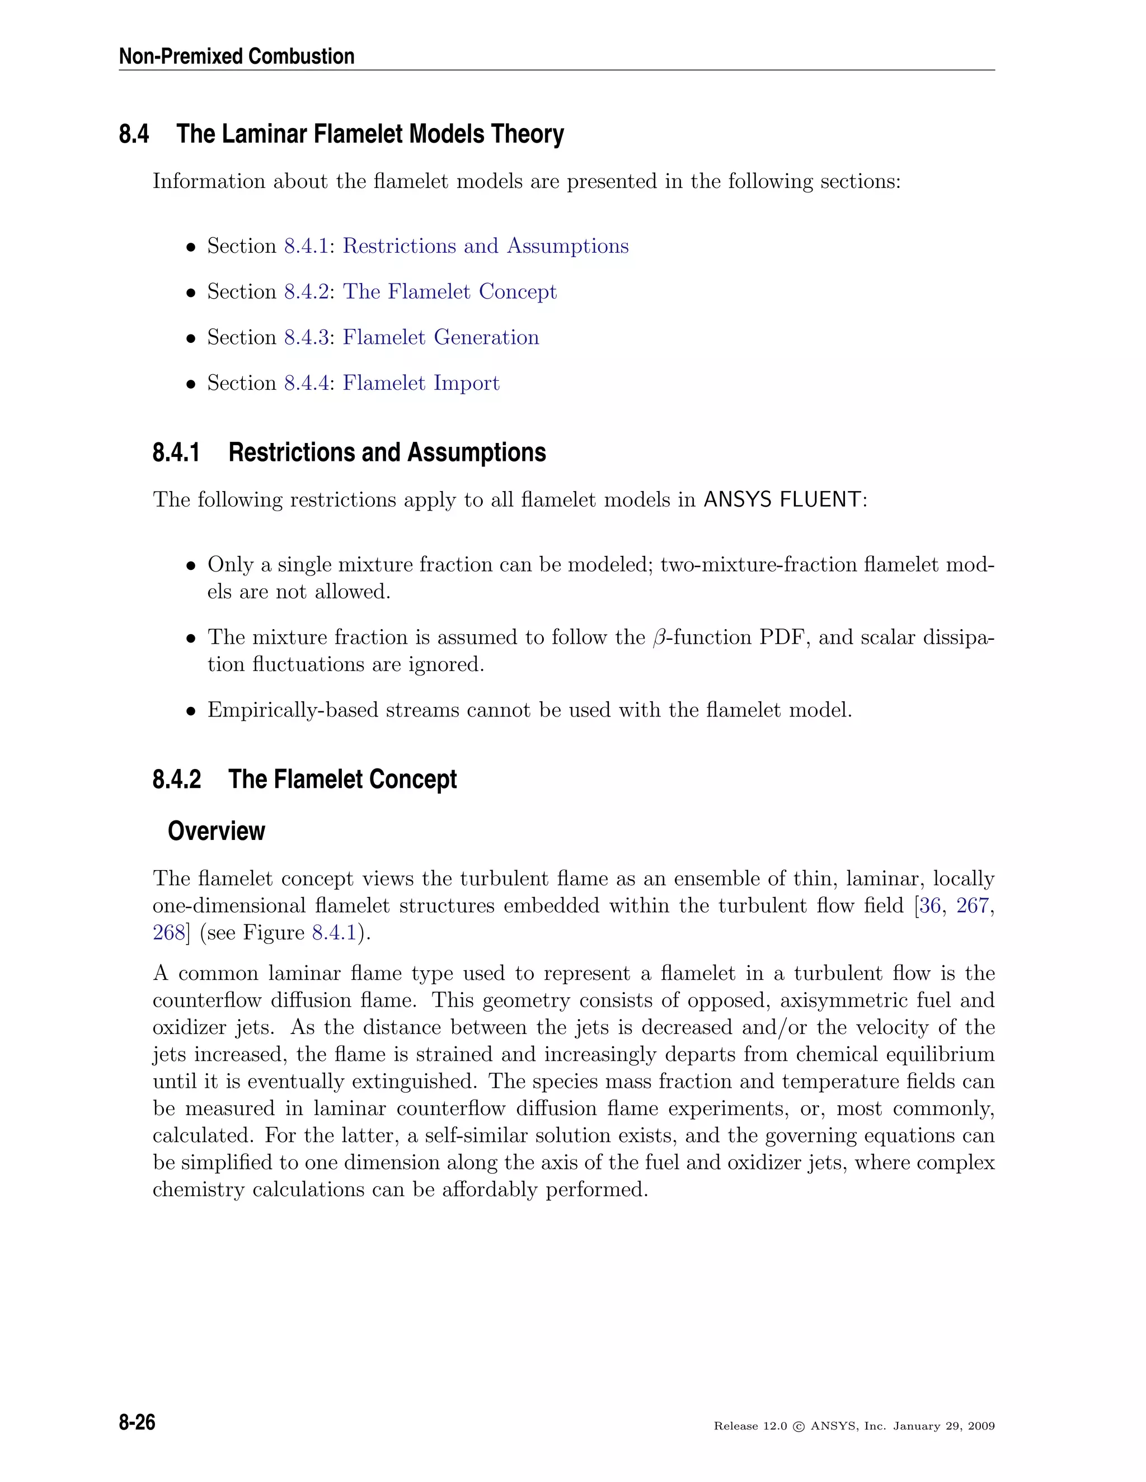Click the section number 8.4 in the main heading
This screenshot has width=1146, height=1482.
(x=134, y=134)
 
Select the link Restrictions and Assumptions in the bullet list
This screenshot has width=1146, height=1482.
(x=485, y=246)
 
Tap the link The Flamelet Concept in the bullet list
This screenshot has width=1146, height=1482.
(x=449, y=291)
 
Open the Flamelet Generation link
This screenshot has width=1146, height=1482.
(x=440, y=337)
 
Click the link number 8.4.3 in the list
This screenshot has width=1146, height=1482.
(x=306, y=337)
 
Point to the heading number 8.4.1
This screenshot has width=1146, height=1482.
(x=176, y=452)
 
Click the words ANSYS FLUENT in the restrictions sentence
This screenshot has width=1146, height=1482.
(x=782, y=499)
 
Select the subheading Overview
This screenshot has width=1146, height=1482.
(x=216, y=830)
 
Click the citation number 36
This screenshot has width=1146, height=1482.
(x=930, y=906)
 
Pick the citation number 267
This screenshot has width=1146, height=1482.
(x=972, y=906)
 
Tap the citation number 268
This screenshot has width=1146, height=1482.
(x=168, y=932)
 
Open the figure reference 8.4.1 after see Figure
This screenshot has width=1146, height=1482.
(x=334, y=932)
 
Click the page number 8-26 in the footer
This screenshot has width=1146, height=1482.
(x=137, y=1422)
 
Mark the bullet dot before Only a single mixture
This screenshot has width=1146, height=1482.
(x=191, y=565)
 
